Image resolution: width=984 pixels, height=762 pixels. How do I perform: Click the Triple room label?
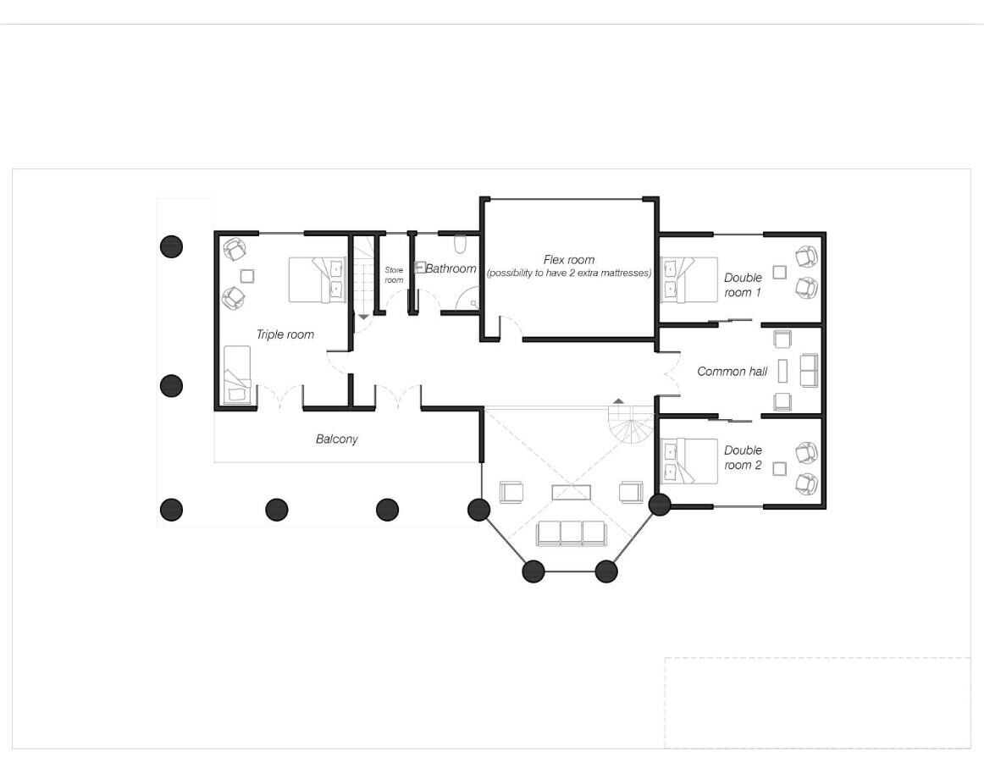tap(285, 334)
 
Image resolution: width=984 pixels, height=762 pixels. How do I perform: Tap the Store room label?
tap(394, 275)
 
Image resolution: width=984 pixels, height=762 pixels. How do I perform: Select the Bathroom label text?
tap(451, 268)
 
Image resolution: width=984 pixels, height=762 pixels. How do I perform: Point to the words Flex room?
tap(568, 260)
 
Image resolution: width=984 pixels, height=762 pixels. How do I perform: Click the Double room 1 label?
tap(743, 285)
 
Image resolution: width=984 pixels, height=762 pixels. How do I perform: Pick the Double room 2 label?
tap(743, 457)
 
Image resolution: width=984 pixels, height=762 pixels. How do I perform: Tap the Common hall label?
tap(732, 372)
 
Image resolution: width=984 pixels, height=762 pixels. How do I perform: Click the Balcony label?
tap(336, 439)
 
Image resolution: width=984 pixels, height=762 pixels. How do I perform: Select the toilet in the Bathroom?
tap(460, 244)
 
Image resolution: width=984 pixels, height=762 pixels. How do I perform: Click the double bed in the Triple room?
tap(318, 279)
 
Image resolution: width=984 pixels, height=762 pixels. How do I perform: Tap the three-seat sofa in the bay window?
tap(572, 533)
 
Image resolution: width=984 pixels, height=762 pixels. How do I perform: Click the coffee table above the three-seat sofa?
tap(571, 492)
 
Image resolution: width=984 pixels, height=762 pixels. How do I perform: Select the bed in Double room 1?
tap(688, 279)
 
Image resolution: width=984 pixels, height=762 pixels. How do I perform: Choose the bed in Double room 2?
tap(688, 461)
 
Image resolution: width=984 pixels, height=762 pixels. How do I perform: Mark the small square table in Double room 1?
tap(779, 272)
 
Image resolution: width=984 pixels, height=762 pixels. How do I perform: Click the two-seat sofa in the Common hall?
tap(809, 370)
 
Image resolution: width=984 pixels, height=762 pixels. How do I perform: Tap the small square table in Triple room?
tap(246, 275)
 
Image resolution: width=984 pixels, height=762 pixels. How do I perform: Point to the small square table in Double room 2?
tap(779, 468)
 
